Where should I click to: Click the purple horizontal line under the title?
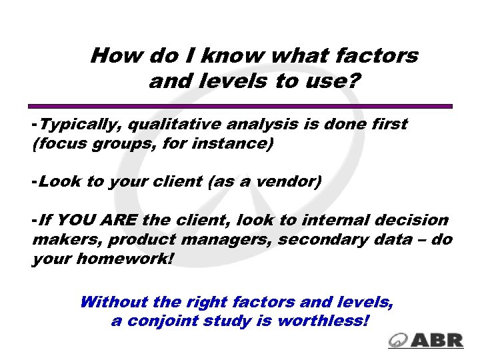240,106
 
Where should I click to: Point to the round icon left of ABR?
399,339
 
